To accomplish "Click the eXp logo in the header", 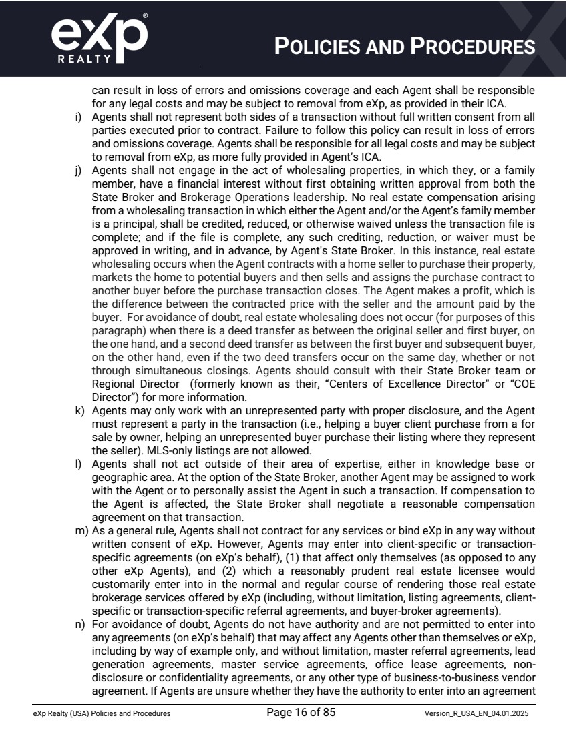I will (x=99, y=39).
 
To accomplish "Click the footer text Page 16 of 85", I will (x=301, y=713).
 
